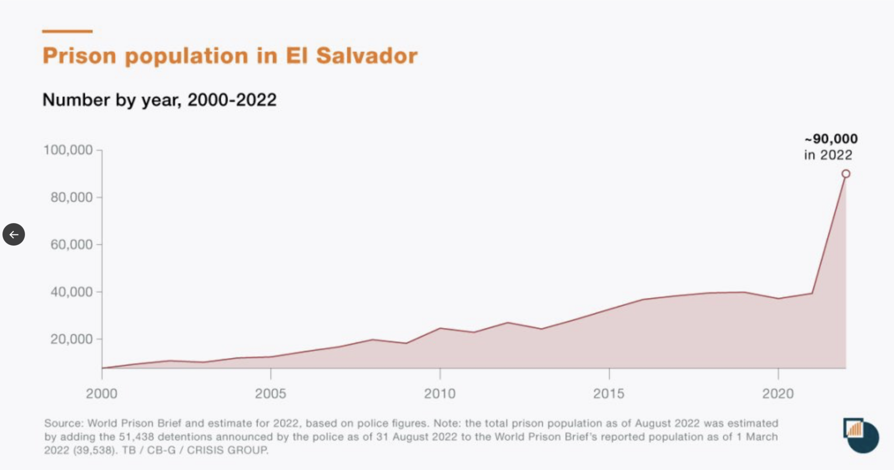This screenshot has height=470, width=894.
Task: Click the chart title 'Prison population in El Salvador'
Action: click(x=230, y=56)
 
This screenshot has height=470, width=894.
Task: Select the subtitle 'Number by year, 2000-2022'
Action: click(x=159, y=100)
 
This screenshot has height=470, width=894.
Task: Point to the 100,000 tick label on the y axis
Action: click(x=68, y=150)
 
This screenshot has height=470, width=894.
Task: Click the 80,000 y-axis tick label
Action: click(x=72, y=198)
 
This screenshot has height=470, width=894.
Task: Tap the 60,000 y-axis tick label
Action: click(x=72, y=245)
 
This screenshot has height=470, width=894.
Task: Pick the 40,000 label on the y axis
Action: click(x=72, y=292)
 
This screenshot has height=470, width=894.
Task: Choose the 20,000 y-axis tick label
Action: click(x=72, y=339)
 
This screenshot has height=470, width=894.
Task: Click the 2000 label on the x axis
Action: click(x=102, y=394)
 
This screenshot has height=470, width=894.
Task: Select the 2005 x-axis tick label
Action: click(x=271, y=394)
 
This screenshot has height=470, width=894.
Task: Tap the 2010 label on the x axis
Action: click(x=440, y=394)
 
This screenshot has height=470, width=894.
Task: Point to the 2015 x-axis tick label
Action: click(x=609, y=394)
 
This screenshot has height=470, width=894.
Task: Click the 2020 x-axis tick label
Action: click(x=778, y=394)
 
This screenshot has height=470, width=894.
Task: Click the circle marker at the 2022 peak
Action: click(x=846, y=174)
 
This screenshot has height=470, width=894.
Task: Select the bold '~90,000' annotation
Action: click(x=831, y=139)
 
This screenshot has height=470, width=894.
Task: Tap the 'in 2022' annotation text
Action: click(x=828, y=155)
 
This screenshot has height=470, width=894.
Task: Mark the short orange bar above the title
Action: click(x=67, y=31)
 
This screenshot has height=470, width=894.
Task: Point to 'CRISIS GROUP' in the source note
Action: click(x=227, y=450)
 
